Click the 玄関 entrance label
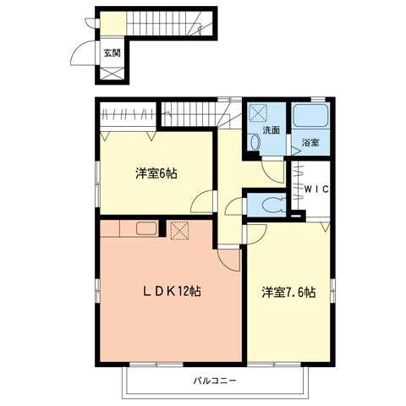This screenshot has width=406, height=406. [x=112, y=52]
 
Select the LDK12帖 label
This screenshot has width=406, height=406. [x=171, y=290]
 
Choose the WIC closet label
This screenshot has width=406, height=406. [x=315, y=188]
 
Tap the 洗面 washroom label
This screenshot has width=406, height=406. [x=271, y=130]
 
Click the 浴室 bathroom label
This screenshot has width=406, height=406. [x=310, y=142]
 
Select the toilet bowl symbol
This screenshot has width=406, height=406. [x=271, y=204]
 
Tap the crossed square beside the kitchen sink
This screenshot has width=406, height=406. [x=178, y=229]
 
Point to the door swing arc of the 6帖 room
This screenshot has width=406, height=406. [x=201, y=202]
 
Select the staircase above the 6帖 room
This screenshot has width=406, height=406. [x=190, y=110]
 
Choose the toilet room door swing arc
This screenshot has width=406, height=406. [x=237, y=206]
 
